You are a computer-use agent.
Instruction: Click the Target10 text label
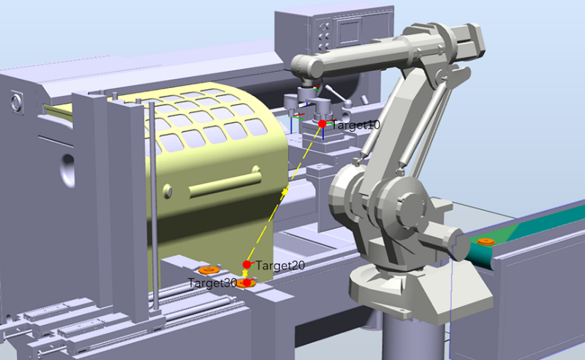click(355, 124)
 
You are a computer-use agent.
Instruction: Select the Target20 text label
click(280, 266)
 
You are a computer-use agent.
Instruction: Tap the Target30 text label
click(212, 282)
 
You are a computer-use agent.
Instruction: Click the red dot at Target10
click(322, 124)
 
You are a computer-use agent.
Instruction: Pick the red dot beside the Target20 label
click(247, 265)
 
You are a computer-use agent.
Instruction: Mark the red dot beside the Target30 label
click(246, 282)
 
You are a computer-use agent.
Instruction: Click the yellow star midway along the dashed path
click(284, 192)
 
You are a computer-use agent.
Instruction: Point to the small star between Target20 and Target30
click(245, 274)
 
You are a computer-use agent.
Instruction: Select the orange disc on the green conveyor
click(486, 241)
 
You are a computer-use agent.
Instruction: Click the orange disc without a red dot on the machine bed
click(208, 269)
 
